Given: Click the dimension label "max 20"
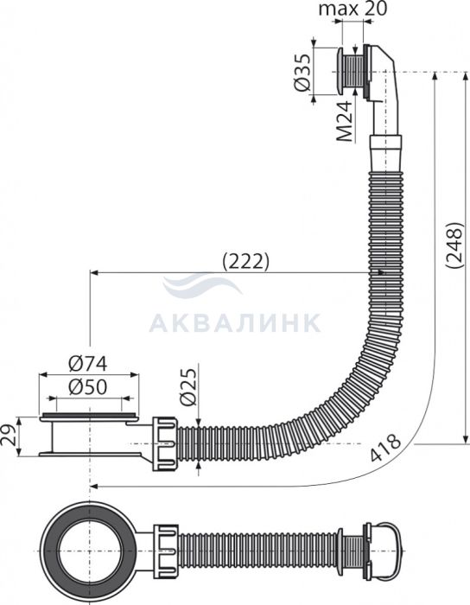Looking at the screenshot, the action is [352, 9].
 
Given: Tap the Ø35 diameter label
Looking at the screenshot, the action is [302, 73].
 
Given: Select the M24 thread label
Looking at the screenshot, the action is [344, 121].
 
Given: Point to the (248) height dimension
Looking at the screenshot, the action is [454, 245].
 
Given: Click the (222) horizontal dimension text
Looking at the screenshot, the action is [246, 263].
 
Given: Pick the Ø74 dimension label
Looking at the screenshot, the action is [87, 364].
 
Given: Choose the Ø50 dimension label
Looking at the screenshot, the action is [87, 387].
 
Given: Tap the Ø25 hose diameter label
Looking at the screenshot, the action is [188, 387].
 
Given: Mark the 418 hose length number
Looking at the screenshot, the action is [385, 448].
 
